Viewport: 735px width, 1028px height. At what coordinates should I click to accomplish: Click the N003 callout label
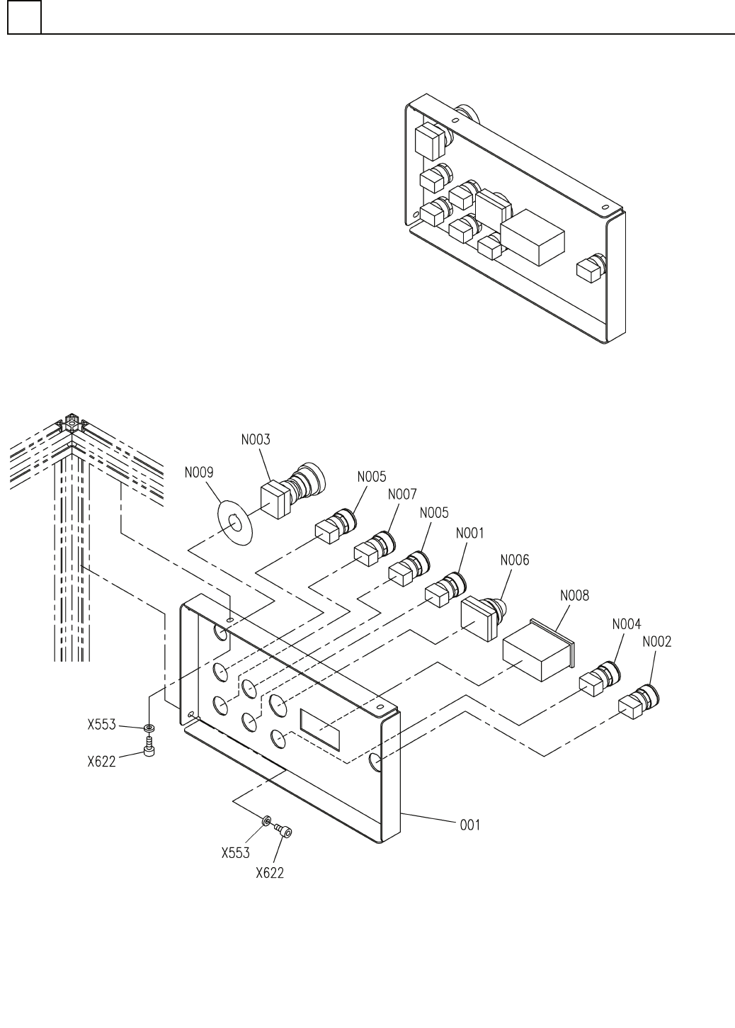pyautogui.click(x=256, y=440)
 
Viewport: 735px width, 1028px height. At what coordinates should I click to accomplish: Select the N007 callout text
pyautogui.click(x=402, y=495)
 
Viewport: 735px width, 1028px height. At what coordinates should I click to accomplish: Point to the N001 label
pyautogui.click(x=470, y=533)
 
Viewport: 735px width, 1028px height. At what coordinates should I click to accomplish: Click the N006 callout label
pyautogui.click(x=514, y=560)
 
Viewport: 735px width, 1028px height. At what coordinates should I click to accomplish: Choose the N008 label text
pyautogui.click(x=574, y=596)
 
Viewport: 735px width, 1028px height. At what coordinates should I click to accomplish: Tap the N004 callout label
pyautogui.click(x=626, y=624)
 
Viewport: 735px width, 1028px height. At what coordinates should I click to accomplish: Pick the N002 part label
pyautogui.click(x=657, y=643)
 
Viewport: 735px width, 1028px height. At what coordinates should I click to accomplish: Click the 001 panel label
pyautogui.click(x=470, y=825)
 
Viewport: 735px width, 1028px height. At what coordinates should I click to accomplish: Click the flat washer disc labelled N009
pyautogui.click(x=234, y=523)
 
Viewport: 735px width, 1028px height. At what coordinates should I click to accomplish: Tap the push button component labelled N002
pyautogui.click(x=639, y=701)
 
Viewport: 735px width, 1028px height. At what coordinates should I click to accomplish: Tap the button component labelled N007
pyautogui.click(x=376, y=548)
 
